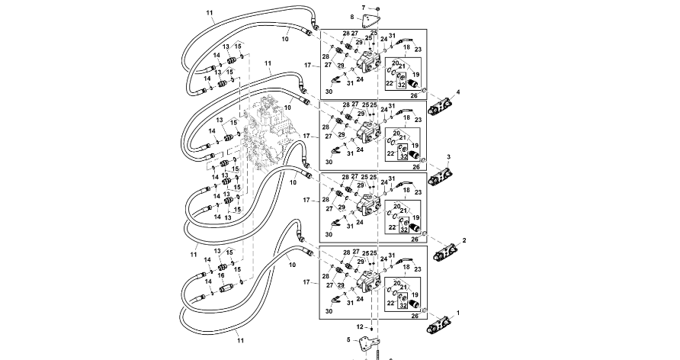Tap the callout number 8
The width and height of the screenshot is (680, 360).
click(351, 17)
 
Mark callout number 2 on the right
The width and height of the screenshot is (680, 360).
click(463, 240)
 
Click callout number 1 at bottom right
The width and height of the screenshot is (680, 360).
click(458, 313)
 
